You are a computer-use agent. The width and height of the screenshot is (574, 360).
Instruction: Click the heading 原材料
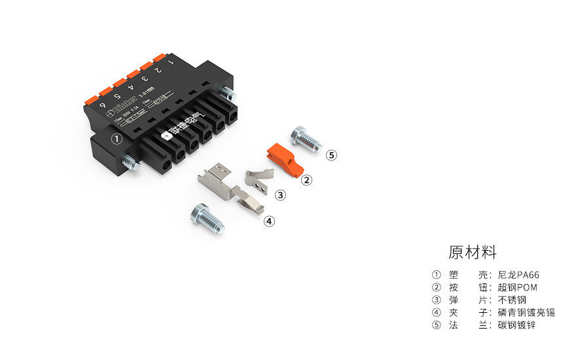473,252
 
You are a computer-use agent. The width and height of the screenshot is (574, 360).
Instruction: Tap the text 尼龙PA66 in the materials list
518,275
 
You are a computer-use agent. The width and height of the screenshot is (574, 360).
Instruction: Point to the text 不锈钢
512,300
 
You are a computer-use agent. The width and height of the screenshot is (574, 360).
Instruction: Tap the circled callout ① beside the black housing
117,139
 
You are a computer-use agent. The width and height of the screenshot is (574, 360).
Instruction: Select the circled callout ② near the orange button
306,179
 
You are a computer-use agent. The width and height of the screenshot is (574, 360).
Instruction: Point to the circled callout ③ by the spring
280,195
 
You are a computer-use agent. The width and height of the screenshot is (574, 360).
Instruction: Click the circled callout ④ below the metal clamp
269,221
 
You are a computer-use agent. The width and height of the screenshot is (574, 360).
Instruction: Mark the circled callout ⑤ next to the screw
332,155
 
